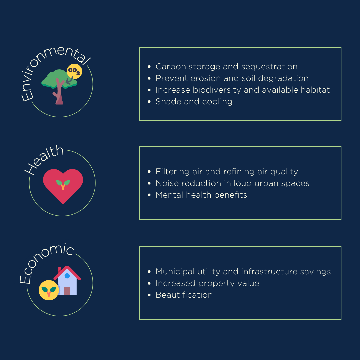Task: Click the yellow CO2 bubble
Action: pyautogui.click(x=74, y=71)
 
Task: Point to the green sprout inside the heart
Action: pyautogui.click(x=63, y=184)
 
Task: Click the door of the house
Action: pyautogui.click(x=67, y=291)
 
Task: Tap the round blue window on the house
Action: pyautogui.click(x=67, y=276)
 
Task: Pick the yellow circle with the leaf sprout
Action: pyautogui.click(x=49, y=290)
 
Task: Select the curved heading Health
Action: pyautogui.click(x=44, y=159)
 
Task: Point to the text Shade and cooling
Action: pyautogui.click(x=194, y=102)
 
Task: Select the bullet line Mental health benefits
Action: pyautogui.click(x=201, y=195)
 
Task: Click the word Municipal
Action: pyautogui.click(x=175, y=272)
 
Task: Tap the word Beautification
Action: pyautogui.click(x=184, y=295)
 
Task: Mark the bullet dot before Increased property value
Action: pyautogui.click(x=149, y=284)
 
